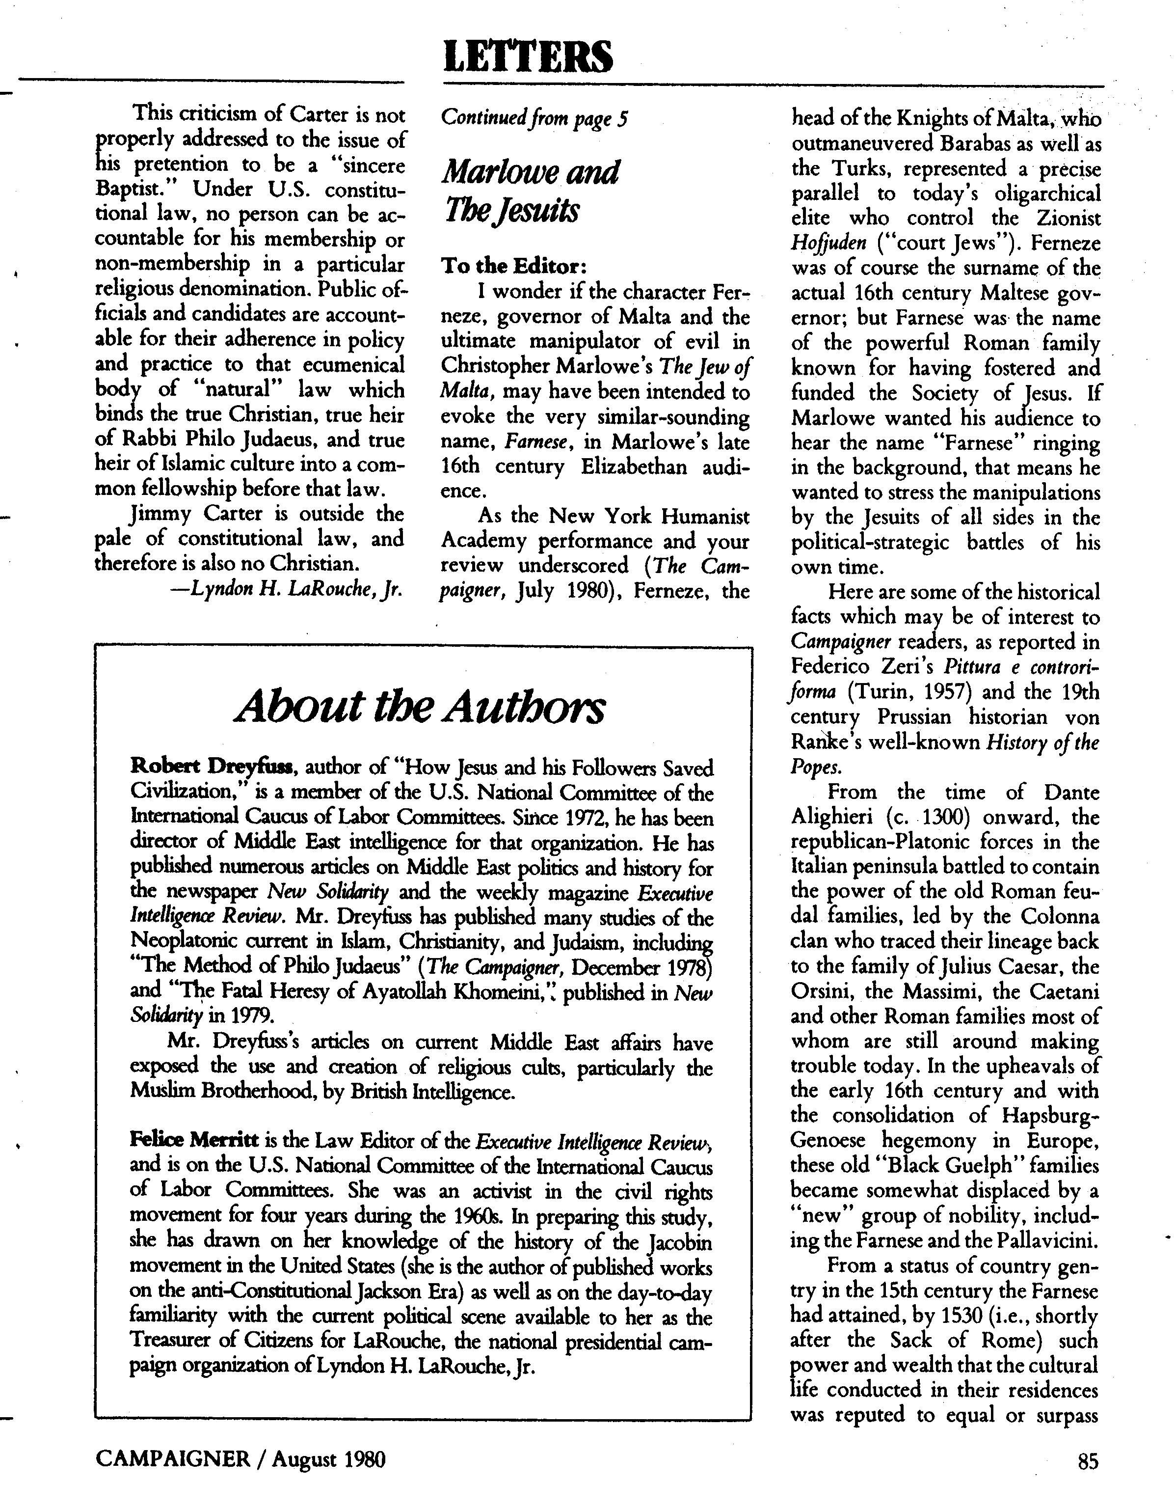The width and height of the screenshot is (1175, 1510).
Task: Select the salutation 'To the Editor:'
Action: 513,266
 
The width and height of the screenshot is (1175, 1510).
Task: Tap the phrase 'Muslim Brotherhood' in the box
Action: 215,1093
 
